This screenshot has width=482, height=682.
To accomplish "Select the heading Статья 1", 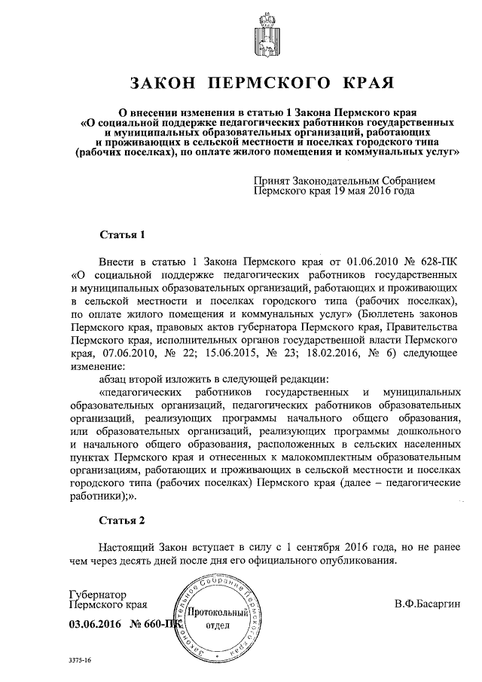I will pos(121,234).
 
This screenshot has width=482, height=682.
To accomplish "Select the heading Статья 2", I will pos(121,520).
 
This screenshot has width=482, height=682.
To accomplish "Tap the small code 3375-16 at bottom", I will pos(79,659).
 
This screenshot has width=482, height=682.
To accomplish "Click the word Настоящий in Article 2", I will pos(129,546).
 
